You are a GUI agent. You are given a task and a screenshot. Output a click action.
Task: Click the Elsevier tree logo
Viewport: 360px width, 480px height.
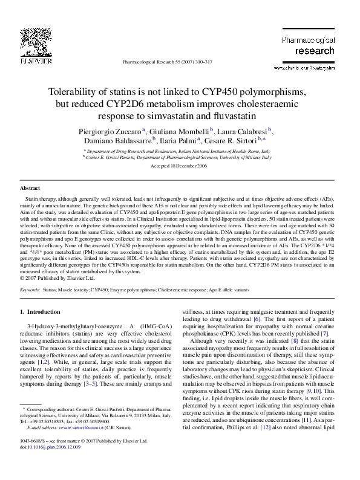pyautogui.click(x=31, y=38)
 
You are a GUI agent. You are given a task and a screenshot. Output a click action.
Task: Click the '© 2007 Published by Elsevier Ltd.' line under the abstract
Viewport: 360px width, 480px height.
pyautogui.click(x=58, y=278)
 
